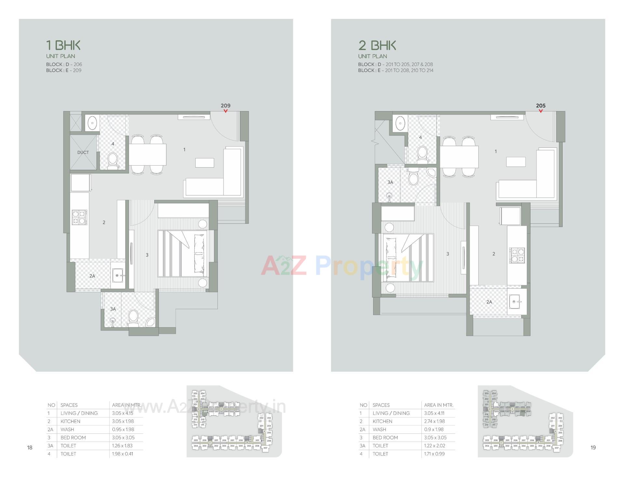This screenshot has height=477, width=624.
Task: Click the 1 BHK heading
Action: click(63, 45)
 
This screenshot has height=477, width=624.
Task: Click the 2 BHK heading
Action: click(377, 45)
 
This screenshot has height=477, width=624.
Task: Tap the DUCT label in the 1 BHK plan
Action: click(83, 152)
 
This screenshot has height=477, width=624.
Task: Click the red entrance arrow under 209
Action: click(226, 111)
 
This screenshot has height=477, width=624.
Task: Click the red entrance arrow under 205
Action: click(540, 111)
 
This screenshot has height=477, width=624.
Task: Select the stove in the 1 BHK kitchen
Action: click(80, 217)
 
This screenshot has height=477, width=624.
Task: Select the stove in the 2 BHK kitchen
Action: click(517, 255)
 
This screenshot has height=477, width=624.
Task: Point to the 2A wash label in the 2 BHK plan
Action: click(489, 302)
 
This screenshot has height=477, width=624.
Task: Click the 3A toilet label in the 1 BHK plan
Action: click(113, 309)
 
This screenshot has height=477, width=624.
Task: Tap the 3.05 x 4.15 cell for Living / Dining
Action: click(123, 413)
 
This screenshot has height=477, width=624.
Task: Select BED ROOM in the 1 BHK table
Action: click(73, 438)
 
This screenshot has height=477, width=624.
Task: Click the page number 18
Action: click(30, 448)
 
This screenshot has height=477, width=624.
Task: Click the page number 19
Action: click(593, 448)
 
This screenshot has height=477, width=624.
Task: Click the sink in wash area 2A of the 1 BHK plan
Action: click(118, 276)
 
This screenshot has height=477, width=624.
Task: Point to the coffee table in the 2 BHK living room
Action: click(516, 162)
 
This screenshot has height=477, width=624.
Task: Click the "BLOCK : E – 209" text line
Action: click(64, 70)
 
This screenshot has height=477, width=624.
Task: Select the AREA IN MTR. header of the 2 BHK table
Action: click(438, 405)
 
